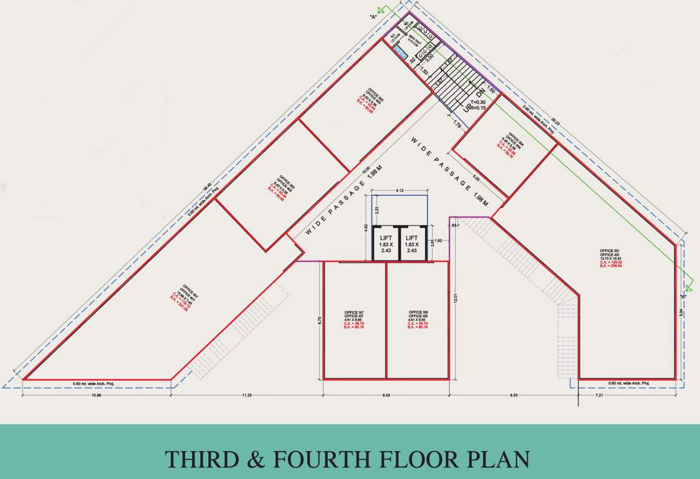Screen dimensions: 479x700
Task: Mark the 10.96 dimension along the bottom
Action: coord(97,395)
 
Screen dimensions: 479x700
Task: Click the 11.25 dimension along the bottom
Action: coord(247,395)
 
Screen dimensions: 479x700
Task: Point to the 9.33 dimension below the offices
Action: coord(386,395)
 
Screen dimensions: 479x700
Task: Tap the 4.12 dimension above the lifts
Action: coord(400,190)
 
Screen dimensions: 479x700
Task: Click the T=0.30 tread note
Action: coord(478,102)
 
